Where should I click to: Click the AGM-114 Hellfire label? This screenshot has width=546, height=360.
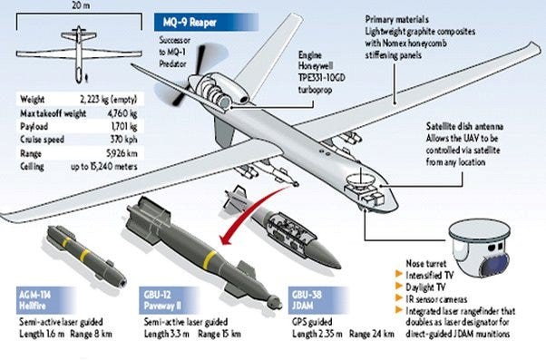point(40,299)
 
